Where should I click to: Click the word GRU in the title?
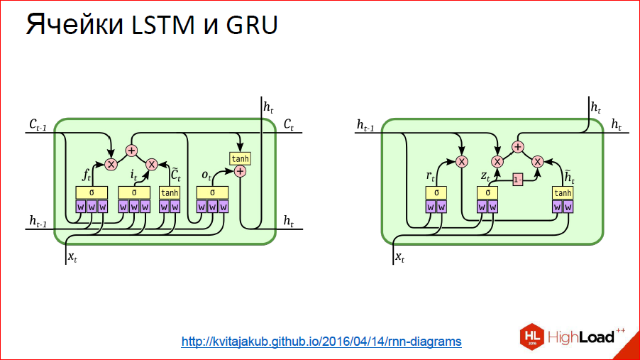pos(252,26)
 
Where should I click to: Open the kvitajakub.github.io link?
pos(321,342)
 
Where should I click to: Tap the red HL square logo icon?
pos(532,336)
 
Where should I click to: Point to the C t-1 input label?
pos(40,125)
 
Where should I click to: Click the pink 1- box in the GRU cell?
pos(518,180)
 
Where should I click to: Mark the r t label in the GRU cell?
pos(429,175)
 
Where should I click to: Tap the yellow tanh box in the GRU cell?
pos(562,192)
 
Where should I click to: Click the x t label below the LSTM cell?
pos(72,256)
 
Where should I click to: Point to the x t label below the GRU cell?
pos(399,256)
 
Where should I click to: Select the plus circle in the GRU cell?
pos(518,147)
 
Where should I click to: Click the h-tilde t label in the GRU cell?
pos(569,174)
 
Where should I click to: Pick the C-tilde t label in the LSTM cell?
pos(176,173)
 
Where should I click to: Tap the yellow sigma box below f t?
pos(92,192)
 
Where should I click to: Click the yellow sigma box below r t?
pos(436,192)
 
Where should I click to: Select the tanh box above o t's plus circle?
pos(240,158)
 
